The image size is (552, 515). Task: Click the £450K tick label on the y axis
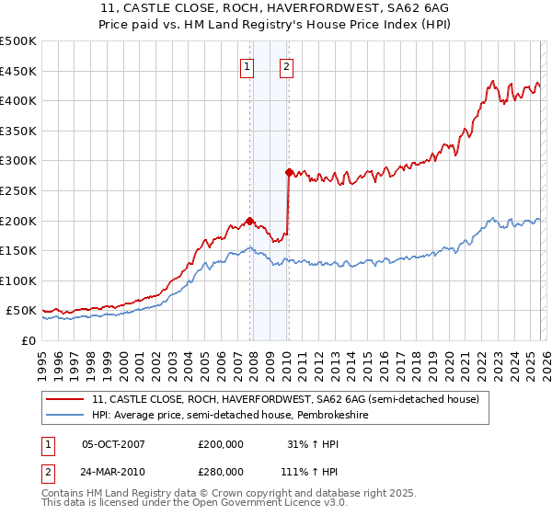[x=18, y=71]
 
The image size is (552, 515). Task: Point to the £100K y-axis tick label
[x=18, y=280]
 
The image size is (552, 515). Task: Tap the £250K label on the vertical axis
[x=18, y=190]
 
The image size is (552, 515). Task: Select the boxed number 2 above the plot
[x=287, y=66]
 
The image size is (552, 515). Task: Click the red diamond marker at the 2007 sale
[x=249, y=220]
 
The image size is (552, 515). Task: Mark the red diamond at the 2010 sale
[x=289, y=172]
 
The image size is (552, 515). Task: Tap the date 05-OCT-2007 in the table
[x=113, y=444]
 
